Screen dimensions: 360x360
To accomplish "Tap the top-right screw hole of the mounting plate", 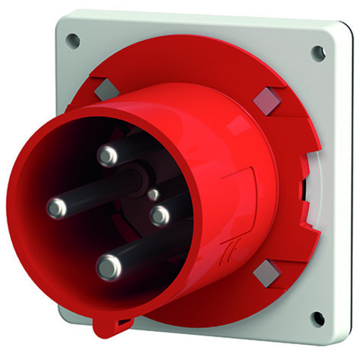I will pos(317,52).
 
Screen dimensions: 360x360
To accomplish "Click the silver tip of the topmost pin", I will pos(109,154).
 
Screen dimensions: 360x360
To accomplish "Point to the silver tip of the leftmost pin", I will pos(56,209).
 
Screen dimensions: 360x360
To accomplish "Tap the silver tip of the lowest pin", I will pos(108,268).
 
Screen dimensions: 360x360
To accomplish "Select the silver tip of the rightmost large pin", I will pos(159,214).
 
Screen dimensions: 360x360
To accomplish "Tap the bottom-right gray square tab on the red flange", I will pos(266,271).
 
